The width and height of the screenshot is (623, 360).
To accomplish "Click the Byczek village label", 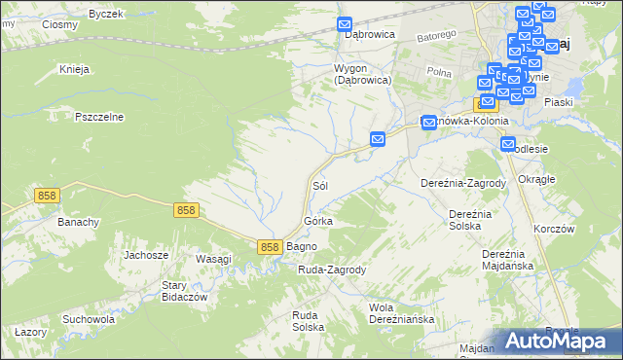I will click(106, 14).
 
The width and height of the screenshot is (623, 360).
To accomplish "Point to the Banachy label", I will click(79, 222).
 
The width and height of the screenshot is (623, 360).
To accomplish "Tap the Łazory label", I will click(30, 332).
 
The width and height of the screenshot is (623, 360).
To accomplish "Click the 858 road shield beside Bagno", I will click(271, 247).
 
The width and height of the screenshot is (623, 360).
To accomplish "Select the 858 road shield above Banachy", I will click(47, 196).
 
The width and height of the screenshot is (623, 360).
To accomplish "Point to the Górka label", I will click(318, 221).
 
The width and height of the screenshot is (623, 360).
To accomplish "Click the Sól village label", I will click(319, 184).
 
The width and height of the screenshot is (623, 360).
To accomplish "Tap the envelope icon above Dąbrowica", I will click(345, 24).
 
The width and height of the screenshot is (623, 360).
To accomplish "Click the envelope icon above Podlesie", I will click(508, 145).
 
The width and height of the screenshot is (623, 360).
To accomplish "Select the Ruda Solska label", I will click(308, 321).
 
